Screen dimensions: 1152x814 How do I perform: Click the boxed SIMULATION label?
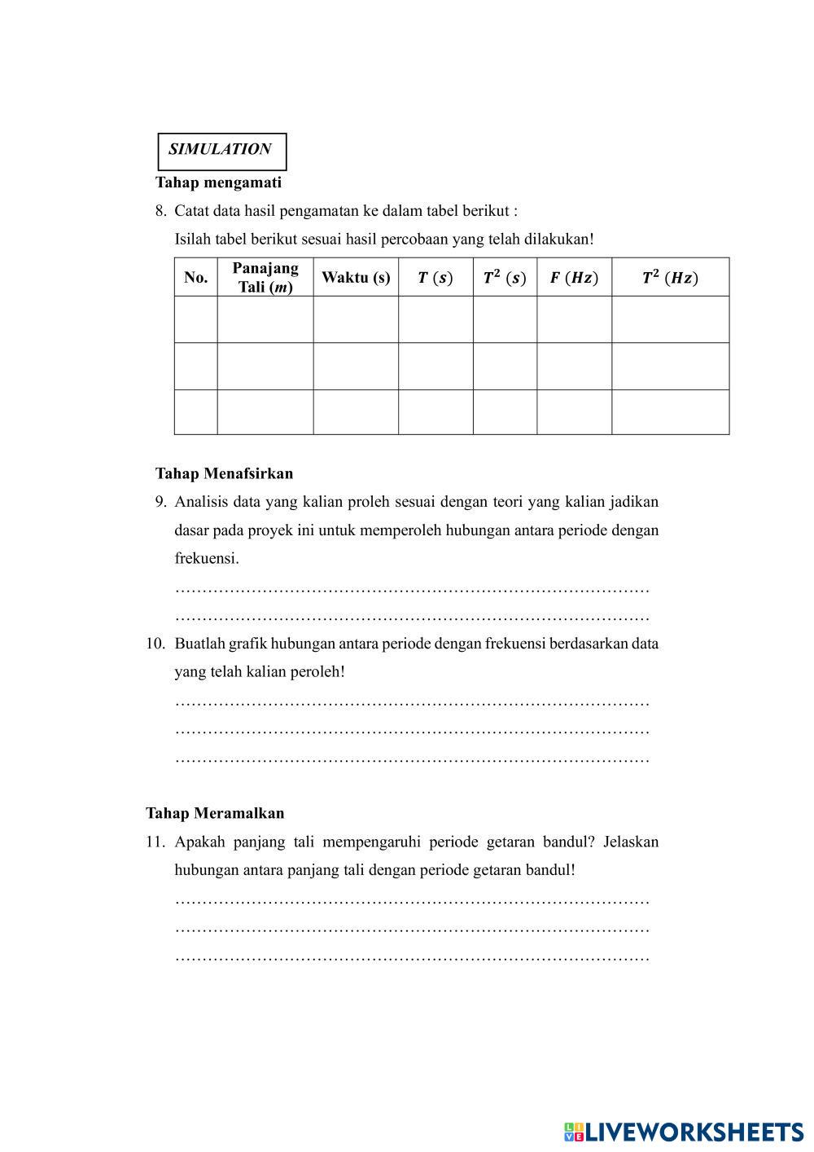click(x=221, y=150)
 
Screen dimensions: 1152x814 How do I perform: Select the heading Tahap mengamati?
click(x=218, y=182)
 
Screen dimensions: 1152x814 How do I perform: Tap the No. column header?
click(x=195, y=277)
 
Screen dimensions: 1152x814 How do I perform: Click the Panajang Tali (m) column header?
click(x=265, y=277)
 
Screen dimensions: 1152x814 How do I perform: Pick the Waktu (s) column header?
click(x=356, y=277)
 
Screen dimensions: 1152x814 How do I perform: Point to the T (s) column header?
click(x=435, y=278)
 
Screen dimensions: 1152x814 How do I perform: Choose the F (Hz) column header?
click(x=574, y=278)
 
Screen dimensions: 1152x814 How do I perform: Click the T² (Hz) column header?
click(x=670, y=278)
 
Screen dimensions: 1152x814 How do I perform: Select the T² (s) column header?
click(x=505, y=278)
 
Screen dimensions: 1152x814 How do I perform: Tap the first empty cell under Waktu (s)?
click(x=356, y=319)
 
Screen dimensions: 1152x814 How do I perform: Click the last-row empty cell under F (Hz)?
click(x=574, y=412)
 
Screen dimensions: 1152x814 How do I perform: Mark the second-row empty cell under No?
click(x=195, y=366)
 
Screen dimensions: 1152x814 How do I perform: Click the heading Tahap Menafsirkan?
click(x=224, y=473)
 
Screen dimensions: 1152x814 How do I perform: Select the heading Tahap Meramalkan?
click(x=215, y=813)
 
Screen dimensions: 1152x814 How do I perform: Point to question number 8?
click(x=160, y=211)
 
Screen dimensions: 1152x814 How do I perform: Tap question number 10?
click(x=155, y=644)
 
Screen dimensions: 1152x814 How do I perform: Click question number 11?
click(x=155, y=842)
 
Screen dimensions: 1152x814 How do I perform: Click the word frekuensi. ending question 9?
click(x=207, y=559)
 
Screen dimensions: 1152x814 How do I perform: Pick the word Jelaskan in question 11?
click(x=631, y=842)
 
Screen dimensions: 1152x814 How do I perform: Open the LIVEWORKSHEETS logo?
click(x=684, y=1132)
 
